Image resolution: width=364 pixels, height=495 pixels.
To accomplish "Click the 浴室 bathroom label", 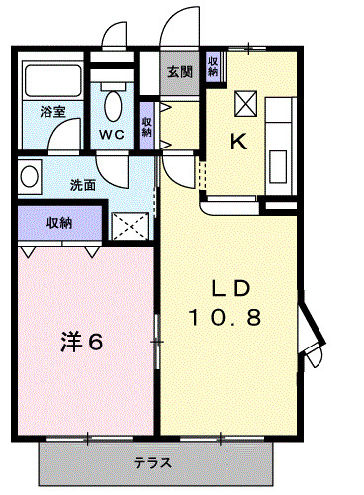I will tap(53, 112).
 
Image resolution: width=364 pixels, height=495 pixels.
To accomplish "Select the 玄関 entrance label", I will tap(180, 71).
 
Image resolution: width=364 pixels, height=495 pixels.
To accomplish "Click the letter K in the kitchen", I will tap(239, 142).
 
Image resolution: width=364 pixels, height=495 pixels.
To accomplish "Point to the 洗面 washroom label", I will tap(83, 184).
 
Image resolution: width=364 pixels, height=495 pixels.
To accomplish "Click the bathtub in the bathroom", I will tap(53, 81).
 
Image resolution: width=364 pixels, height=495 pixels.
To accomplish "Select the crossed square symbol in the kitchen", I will tap(246, 103).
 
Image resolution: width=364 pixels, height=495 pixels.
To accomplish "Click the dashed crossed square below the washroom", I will tap(128, 226).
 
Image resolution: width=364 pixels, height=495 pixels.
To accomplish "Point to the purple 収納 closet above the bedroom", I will tap(59, 222).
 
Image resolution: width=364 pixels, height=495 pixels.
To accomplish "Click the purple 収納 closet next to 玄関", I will tap(213, 68).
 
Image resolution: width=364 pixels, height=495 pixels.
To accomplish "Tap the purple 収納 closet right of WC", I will tap(147, 127).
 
